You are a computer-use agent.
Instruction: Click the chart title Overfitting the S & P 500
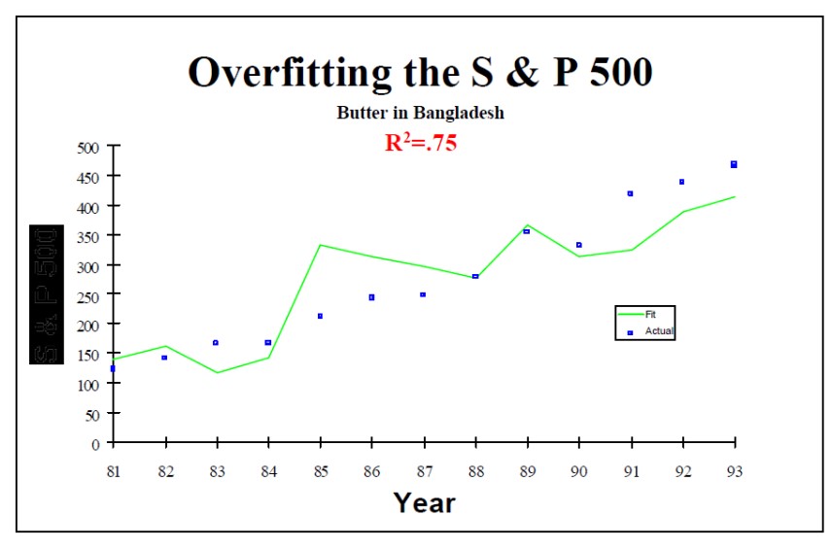pos(420,73)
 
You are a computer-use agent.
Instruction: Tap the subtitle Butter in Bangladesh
pos(420,113)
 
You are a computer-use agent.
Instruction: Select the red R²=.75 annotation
pos(421,143)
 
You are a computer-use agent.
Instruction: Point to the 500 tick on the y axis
pos(89,148)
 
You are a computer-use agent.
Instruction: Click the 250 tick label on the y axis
pos(89,295)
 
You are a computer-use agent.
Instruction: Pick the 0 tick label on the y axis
pos(95,444)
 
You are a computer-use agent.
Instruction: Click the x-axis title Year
pos(424,502)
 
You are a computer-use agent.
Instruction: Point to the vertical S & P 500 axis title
pos(47,294)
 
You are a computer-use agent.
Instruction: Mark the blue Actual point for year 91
pos(630,193)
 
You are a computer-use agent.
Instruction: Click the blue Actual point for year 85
pos(320,316)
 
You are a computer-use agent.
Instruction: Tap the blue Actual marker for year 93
pos(734,164)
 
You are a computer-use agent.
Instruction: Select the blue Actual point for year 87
pos(423,294)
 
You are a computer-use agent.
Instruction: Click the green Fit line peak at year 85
pos(320,245)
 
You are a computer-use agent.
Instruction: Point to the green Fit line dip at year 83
pos(216,372)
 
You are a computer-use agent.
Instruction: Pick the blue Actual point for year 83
pos(216,343)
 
